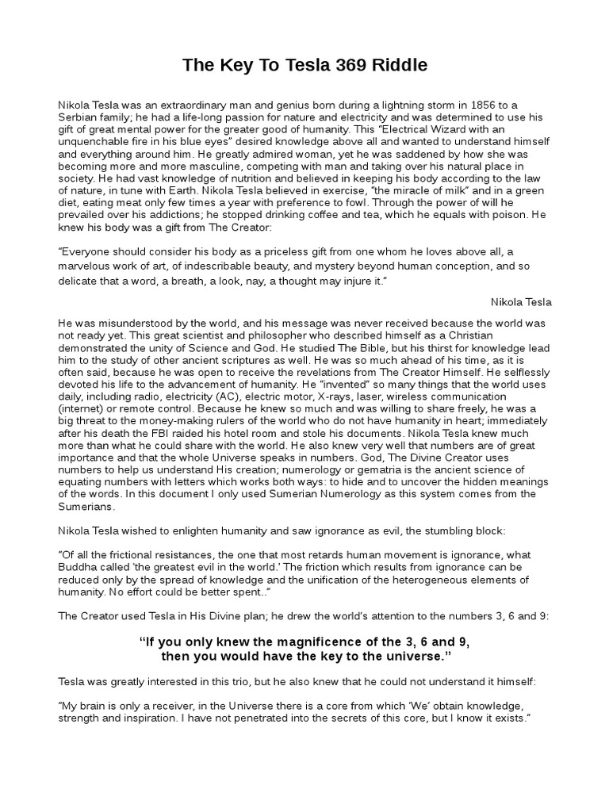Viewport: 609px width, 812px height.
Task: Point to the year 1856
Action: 462,104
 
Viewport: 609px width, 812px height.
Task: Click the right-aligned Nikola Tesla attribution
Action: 521,302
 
